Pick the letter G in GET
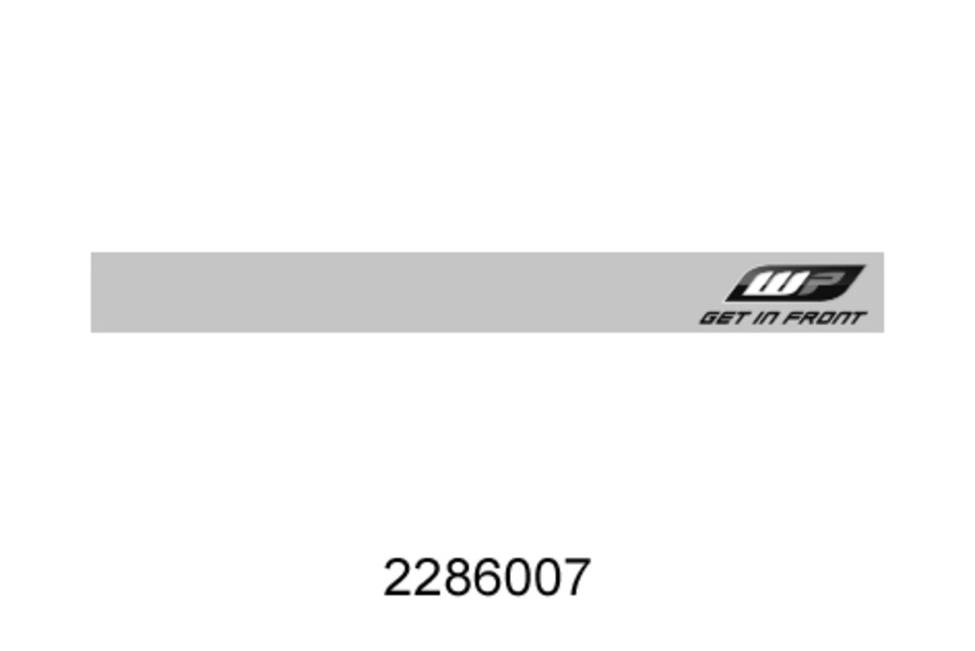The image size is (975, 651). pos(708,318)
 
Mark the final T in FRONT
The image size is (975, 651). pos(858,318)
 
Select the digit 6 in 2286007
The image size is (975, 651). pos(487,578)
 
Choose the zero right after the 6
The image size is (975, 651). pos(517,578)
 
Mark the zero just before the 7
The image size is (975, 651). pos(547,578)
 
